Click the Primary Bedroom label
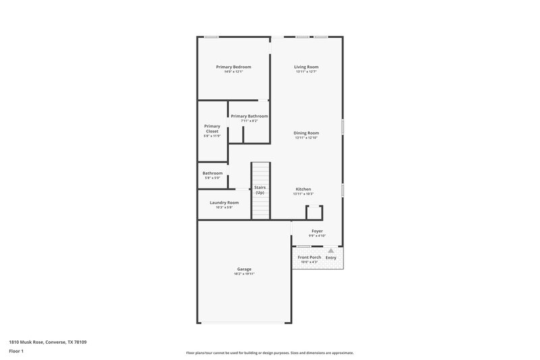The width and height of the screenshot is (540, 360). click(234, 67)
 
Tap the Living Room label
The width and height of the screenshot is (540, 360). click(306, 67)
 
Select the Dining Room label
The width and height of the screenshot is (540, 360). click(306, 133)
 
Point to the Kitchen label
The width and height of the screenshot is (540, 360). click(303, 189)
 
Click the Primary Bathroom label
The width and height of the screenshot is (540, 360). click(249, 116)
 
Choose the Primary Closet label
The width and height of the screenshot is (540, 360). click(212, 128)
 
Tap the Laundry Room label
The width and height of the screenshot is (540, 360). click(224, 203)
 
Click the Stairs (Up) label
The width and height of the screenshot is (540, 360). click(260, 190)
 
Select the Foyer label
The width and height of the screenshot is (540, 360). click(317, 231)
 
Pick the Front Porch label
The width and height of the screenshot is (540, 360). click(309, 257)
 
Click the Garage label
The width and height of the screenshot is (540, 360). click(244, 269)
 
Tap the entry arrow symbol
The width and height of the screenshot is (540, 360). click(331, 251)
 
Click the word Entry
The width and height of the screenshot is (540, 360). click(331, 257)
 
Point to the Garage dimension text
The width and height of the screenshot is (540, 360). click(244, 274)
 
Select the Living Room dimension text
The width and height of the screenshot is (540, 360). click(306, 72)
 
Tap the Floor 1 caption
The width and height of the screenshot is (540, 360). click(17, 352)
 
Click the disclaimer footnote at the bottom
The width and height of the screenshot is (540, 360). click(269, 353)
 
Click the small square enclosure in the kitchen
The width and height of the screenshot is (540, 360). click(314, 213)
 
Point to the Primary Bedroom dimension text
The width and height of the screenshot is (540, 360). click(234, 72)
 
